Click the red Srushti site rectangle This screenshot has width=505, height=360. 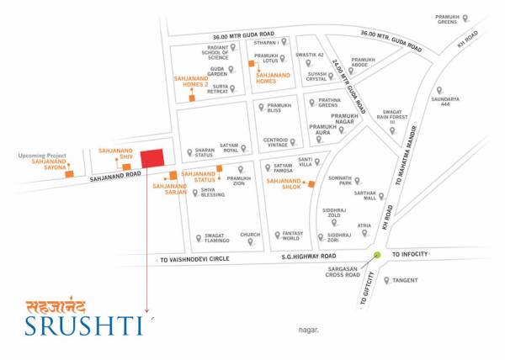[x=152, y=158]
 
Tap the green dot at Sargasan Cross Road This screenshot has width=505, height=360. [x=376, y=254]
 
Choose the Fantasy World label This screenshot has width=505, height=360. [x=292, y=236]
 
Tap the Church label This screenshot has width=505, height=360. [x=250, y=236]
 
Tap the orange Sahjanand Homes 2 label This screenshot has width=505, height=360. [x=189, y=81]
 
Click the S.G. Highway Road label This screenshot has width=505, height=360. [x=308, y=256]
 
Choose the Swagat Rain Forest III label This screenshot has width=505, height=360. [x=394, y=116]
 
